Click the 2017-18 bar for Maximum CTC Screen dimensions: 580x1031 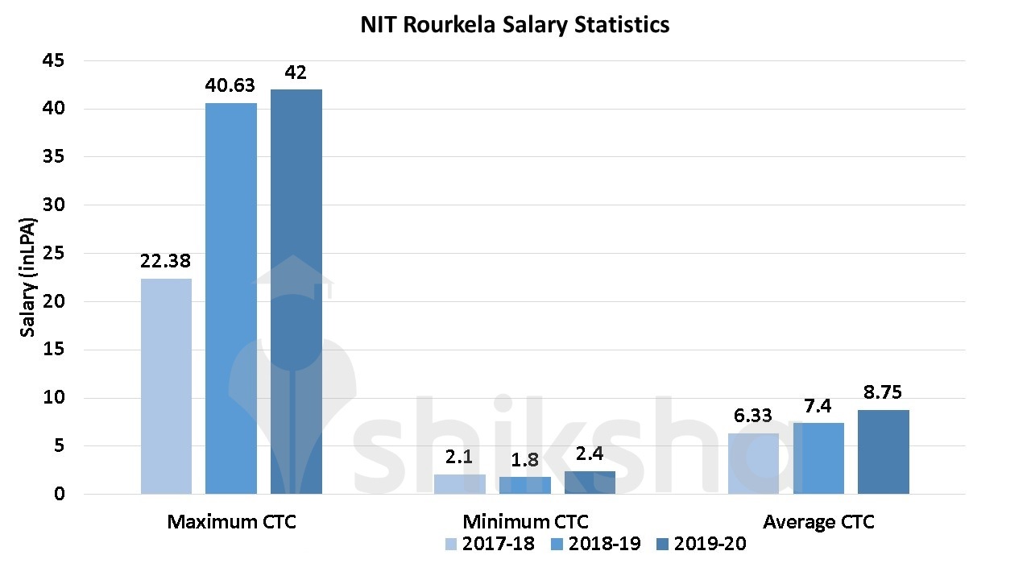[166, 386]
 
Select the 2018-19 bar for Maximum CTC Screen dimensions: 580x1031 [231, 298]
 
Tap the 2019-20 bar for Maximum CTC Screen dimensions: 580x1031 [296, 292]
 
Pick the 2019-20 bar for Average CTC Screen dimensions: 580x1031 [883, 452]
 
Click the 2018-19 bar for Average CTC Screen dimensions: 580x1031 [818, 458]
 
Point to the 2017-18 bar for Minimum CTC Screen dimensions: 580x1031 [460, 484]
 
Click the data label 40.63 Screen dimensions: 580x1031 [231, 85]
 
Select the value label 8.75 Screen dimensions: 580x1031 [883, 392]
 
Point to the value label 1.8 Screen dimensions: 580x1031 [524, 460]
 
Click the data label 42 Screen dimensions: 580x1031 [296, 72]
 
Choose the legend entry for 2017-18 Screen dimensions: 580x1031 [489, 544]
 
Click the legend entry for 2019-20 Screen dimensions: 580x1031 [701, 544]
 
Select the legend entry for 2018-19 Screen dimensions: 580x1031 [595, 544]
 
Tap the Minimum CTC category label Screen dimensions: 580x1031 [525, 522]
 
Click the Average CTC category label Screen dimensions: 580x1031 [818, 522]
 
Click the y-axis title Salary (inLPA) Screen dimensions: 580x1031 [28, 277]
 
